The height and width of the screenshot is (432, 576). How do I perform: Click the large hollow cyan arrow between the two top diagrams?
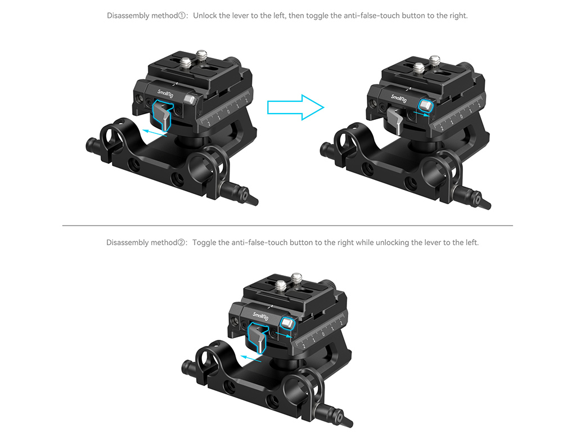295,107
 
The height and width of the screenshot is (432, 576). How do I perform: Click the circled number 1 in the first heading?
182,16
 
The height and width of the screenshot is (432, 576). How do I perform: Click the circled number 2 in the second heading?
182,243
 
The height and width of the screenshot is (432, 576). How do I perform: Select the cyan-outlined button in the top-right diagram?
426,105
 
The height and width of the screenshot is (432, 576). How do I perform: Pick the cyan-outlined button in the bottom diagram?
287,323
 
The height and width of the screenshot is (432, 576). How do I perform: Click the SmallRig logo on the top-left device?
165,94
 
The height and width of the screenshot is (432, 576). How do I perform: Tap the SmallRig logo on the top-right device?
399,98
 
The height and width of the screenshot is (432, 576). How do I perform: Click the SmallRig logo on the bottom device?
260,316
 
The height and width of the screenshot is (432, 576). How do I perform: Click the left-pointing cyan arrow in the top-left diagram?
155,133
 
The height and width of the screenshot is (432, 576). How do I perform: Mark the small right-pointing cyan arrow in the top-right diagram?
421,114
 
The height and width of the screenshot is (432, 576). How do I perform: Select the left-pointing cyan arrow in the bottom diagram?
251,358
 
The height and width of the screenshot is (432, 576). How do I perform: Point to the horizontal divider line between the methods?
287,226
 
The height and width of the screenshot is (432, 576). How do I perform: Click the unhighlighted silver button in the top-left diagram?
190,100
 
